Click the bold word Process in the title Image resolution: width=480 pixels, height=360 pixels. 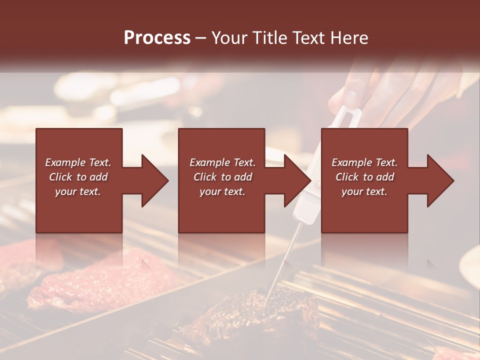click(157, 37)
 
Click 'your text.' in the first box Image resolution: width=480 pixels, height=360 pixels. click(78, 191)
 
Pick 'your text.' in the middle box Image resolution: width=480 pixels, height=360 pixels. click(222, 191)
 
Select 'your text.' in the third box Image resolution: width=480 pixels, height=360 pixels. click(364, 191)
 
